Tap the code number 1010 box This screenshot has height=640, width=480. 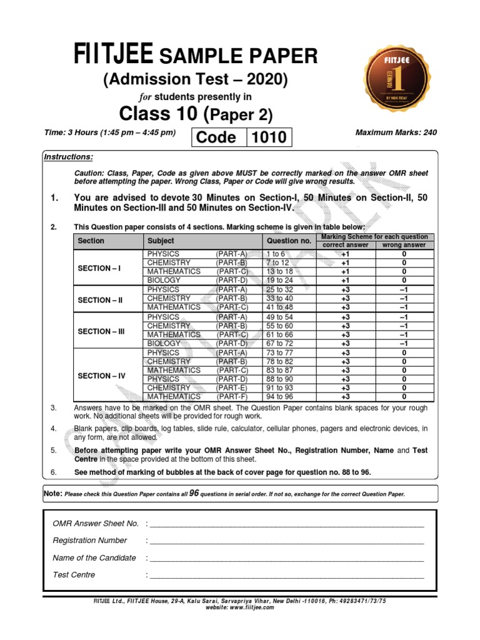click(x=269, y=137)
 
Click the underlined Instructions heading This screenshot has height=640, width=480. click(x=68, y=157)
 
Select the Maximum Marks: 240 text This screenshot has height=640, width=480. click(x=396, y=132)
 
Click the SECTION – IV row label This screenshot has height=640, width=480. click(x=102, y=376)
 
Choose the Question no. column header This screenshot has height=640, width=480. click(x=289, y=241)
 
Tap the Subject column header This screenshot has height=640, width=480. click(x=161, y=241)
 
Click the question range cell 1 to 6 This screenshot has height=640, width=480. click(x=276, y=254)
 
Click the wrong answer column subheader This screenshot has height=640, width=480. click(x=404, y=245)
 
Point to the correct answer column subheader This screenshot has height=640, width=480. click(x=345, y=245)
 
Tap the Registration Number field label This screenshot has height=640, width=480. click(x=90, y=541)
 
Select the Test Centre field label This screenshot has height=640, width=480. click(x=74, y=575)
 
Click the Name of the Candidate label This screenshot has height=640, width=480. click(x=94, y=557)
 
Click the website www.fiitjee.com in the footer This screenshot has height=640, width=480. click(x=239, y=607)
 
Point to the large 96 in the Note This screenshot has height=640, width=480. click(x=194, y=492)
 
